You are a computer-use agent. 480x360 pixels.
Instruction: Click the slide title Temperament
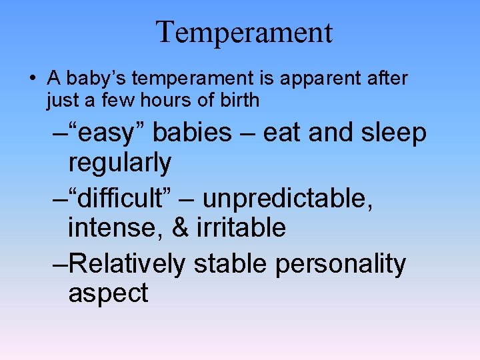[244, 32]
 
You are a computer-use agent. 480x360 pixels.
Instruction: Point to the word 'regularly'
[120, 162]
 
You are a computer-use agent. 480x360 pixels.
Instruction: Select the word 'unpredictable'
[287, 198]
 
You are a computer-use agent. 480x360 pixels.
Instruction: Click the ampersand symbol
[180, 227]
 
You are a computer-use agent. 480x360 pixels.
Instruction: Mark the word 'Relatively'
[126, 263]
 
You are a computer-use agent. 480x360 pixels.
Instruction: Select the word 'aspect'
[108, 293]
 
